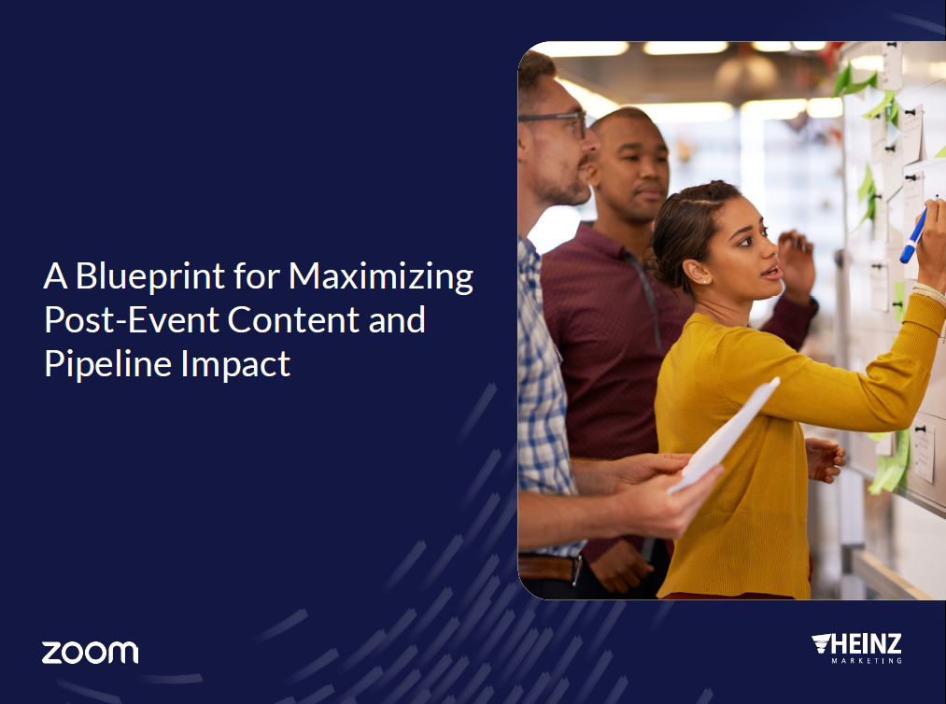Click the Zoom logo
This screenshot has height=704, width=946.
[x=90, y=653]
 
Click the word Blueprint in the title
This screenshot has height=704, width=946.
[x=150, y=276]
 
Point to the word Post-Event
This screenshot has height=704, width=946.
[x=132, y=319]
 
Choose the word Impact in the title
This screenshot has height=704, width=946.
[x=236, y=364]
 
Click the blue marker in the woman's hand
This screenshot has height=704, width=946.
[x=914, y=233]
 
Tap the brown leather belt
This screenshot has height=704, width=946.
[x=550, y=568]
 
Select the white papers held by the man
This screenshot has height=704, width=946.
[x=724, y=435]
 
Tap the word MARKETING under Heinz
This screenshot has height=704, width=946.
[x=867, y=660]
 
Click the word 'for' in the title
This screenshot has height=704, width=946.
[x=257, y=276]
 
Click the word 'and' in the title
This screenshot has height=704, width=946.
[x=397, y=319]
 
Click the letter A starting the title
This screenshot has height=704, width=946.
[x=55, y=276]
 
